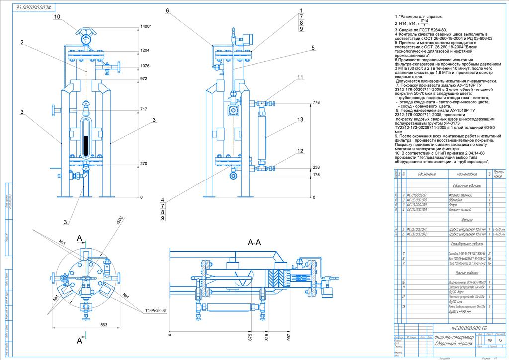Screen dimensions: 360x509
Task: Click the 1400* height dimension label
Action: [146, 26]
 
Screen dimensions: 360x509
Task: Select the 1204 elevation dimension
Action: [145, 51]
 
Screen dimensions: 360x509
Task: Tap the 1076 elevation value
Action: [145, 66]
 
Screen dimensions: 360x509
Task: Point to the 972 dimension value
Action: [144, 79]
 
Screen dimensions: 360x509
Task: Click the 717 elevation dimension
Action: [144, 109]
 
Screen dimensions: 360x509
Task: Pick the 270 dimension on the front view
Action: [144, 164]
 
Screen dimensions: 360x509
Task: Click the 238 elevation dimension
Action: [316, 168]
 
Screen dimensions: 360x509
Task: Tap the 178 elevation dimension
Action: [316, 175]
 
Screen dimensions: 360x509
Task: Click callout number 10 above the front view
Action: [57, 16]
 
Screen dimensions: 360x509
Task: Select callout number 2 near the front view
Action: [22, 43]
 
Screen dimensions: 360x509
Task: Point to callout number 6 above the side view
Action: [168, 10]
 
